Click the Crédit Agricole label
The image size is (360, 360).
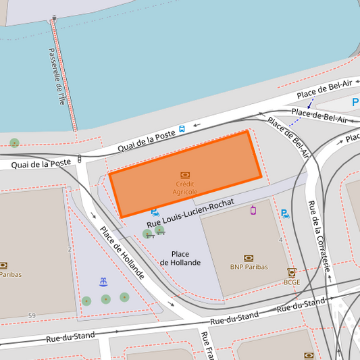pos(185,188)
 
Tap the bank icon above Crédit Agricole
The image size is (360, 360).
pos(185,175)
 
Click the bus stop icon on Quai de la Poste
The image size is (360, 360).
pos(182,128)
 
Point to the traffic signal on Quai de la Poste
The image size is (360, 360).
pos(80,159)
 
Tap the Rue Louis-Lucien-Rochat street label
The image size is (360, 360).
pos(190,212)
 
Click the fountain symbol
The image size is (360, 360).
pos(103,281)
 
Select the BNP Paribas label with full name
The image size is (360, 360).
pos(249,267)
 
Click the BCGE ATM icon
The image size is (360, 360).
pos(292,272)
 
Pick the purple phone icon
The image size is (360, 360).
pos(253,210)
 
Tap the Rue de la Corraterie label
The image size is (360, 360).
pos(319,236)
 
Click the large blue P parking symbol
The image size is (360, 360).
pos(355,102)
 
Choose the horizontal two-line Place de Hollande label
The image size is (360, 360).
pos(180,258)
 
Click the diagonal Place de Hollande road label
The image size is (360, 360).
pos(122,252)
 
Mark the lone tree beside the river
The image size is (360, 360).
pos(14,143)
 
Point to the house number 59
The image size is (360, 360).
pos(32,316)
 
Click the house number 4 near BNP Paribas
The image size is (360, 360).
pos(280,240)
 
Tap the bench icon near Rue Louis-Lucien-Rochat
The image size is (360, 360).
pos(161,234)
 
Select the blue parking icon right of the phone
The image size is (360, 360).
pos(285,214)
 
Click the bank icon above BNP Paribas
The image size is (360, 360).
pos(249,257)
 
